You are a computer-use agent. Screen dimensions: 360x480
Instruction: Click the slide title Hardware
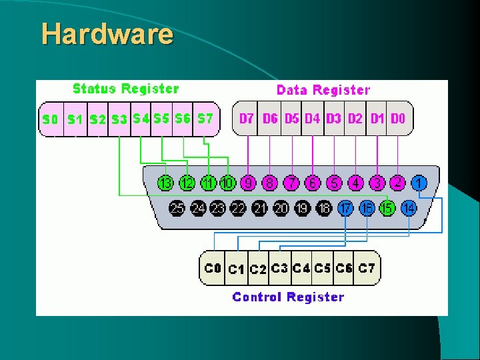(x=107, y=33)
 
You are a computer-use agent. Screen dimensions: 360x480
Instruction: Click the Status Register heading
(x=125, y=89)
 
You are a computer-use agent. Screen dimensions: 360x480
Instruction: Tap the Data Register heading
(x=323, y=90)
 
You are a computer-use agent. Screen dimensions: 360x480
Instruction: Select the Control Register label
(x=288, y=297)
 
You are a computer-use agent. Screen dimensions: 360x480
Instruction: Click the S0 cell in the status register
(x=50, y=120)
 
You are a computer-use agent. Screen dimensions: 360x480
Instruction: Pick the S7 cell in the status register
(x=205, y=119)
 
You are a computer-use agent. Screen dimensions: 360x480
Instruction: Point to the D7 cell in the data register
(x=247, y=119)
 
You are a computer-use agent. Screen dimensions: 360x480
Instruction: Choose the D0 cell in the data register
(x=398, y=119)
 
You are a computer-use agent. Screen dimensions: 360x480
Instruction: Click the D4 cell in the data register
(x=312, y=119)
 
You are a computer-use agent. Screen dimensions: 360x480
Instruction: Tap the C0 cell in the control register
(x=213, y=268)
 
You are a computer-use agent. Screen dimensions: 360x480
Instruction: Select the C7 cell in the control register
(x=367, y=268)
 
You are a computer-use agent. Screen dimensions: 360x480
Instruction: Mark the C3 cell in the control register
(x=279, y=268)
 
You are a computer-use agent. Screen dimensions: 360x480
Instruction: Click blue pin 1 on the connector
(x=419, y=182)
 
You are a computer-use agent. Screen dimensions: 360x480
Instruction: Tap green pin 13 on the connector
(x=165, y=183)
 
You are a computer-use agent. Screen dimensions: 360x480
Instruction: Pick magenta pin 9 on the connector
(x=249, y=183)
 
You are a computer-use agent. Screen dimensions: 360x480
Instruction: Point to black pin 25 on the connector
(x=177, y=208)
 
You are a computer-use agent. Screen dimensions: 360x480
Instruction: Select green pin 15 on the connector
(x=387, y=208)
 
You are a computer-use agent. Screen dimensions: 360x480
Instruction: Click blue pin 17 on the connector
(x=345, y=208)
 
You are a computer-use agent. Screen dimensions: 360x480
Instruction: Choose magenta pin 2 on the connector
(x=398, y=182)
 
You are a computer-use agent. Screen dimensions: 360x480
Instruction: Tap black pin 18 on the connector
(x=324, y=208)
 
